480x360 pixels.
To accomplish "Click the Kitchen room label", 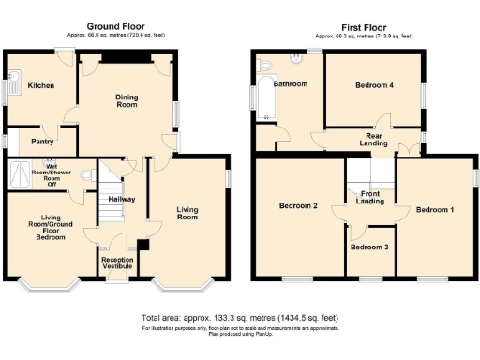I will click(40, 85).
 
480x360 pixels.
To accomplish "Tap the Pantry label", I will click(41, 142).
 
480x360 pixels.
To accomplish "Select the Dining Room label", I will click(127, 100).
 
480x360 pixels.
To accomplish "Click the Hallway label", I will click(121, 199).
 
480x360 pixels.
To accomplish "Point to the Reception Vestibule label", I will click(117, 263).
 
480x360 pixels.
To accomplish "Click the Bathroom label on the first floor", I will click(290, 84).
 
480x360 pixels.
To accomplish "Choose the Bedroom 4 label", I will click(374, 85).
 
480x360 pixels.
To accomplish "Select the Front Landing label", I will click(369, 198).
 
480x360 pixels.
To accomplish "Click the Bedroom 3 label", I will click(367, 247).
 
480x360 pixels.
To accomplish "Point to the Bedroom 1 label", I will click(435, 209).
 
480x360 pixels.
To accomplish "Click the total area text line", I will click(240, 318).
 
